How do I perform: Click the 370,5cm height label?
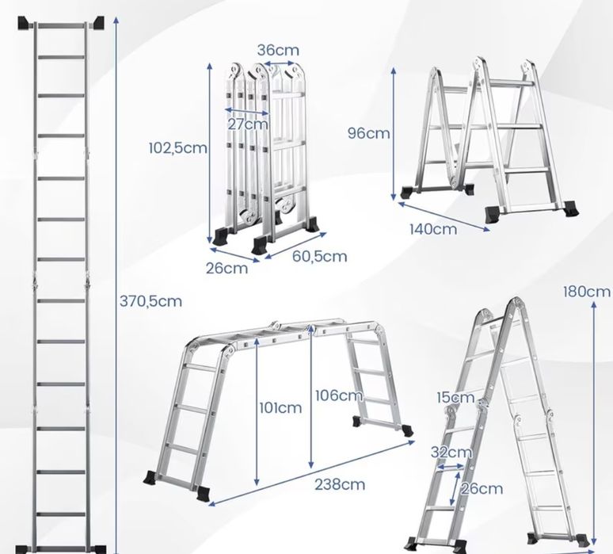[x=150, y=301]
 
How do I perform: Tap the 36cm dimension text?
[x=278, y=50]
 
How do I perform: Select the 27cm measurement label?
[x=247, y=124]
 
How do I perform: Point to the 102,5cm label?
[x=178, y=148]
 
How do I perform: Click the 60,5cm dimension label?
[x=319, y=256]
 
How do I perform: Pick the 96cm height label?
[x=368, y=133]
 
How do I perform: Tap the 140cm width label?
[x=433, y=229]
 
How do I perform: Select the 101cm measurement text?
[x=280, y=408]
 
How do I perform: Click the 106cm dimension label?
[x=339, y=395]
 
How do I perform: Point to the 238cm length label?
[x=340, y=485]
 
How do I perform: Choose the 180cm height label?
[x=586, y=292]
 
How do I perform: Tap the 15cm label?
[x=455, y=398]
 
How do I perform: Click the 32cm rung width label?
[x=451, y=453]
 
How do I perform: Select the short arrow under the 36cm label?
[x=279, y=63]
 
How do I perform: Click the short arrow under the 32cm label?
[x=451, y=467]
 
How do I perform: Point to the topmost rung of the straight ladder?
[x=61, y=26]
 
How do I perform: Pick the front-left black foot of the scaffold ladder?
[x=203, y=494]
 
